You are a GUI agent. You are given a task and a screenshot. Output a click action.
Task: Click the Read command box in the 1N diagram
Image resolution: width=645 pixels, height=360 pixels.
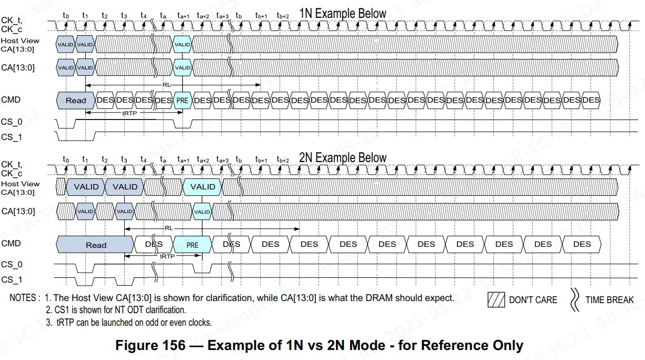[x=75, y=100]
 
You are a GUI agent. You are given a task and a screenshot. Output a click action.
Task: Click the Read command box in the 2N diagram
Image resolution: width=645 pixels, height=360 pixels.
[x=95, y=245]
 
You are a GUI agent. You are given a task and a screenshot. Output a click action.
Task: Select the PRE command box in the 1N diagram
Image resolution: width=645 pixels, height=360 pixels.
[x=182, y=100]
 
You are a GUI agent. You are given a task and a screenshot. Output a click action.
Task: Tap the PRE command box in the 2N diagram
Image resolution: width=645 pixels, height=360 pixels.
[x=192, y=245]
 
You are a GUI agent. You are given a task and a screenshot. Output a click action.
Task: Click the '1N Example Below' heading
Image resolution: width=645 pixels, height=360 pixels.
[x=343, y=14]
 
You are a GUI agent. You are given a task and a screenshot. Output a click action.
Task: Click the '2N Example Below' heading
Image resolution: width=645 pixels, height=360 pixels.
[x=343, y=157]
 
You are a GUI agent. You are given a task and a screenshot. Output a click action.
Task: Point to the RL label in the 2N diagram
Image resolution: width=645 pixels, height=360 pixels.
[x=168, y=228]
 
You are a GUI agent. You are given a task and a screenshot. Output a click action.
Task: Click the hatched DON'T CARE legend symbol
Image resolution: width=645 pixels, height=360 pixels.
[x=495, y=299]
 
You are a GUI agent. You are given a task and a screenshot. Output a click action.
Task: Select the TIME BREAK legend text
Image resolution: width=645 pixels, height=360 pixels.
[x=609, y=299]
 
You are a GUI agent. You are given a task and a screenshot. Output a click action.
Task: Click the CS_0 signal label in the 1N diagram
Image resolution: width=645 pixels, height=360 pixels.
[x=12, y=122]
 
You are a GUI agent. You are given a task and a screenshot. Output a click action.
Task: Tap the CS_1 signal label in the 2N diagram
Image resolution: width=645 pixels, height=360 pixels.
[x=12, y=279]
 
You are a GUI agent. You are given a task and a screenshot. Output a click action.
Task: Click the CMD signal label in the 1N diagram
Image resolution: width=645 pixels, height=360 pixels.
[x=11, y=99]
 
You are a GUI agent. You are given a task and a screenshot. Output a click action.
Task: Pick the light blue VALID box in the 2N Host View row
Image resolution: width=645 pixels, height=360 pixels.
[x=203, y=187]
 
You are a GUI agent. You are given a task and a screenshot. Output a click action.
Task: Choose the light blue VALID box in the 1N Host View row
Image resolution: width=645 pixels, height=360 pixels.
[x=182, y=45]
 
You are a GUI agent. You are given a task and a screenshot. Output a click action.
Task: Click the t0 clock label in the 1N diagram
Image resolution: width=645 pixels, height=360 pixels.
[x=65, y=16]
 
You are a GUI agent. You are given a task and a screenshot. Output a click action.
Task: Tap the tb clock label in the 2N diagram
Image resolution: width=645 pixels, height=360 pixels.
[x=239, y=159]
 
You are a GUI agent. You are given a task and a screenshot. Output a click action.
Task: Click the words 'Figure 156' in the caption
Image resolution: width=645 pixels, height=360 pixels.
[x=150, y=345]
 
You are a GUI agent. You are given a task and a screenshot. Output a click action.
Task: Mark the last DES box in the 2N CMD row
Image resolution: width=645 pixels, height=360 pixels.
[x=582, y=244]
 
